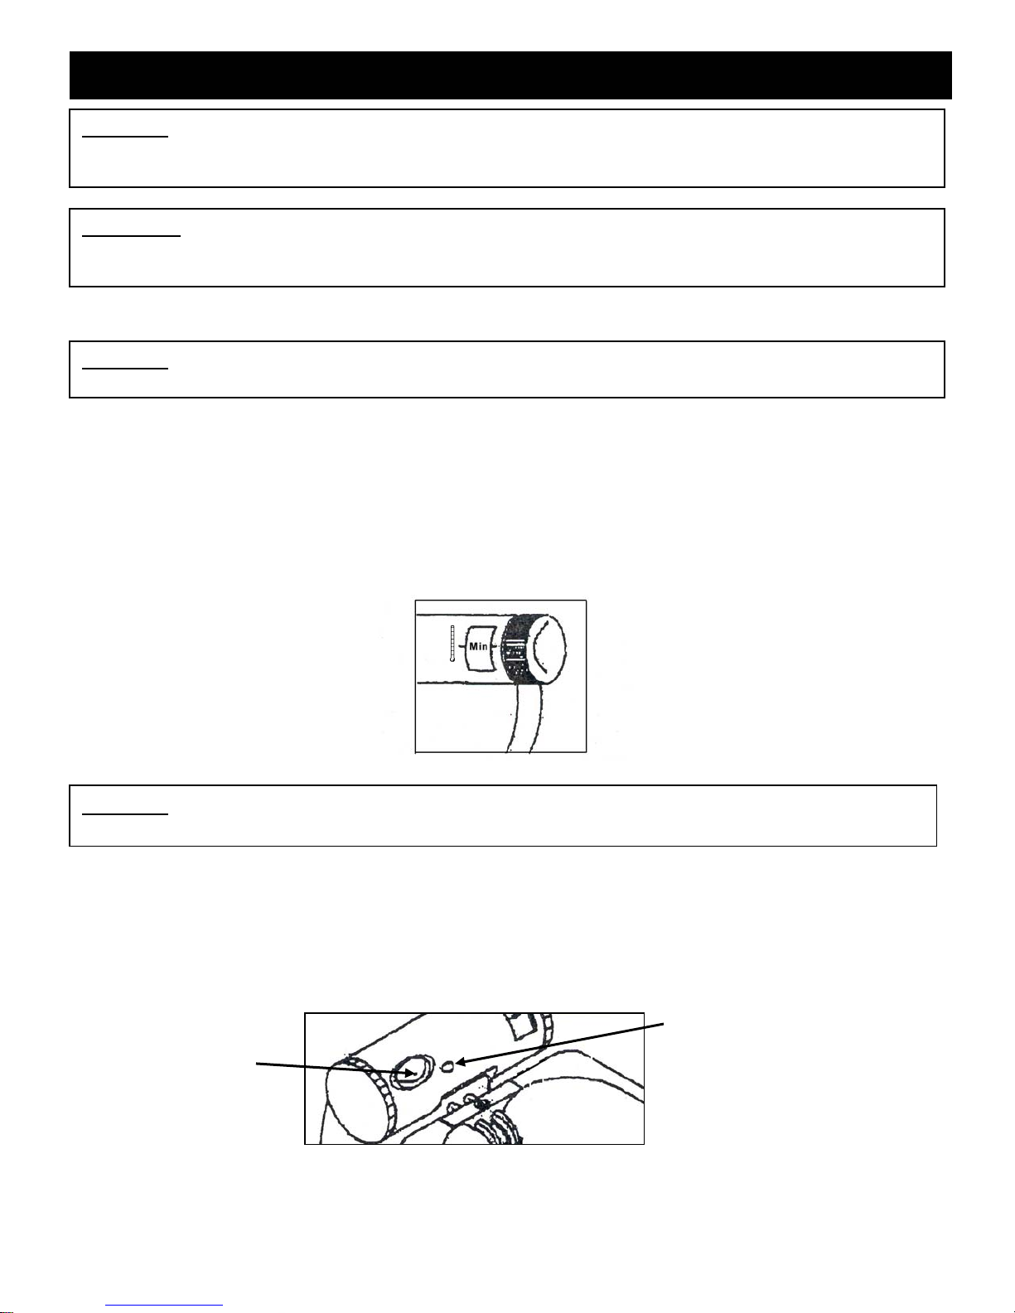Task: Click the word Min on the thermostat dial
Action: point(478,646)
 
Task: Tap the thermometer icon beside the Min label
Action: point(452,644)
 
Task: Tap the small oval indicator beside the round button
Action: point(448,1066)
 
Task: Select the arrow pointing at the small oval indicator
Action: point(560,1045)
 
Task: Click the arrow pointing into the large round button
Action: point(336,1069)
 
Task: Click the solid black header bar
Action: point(510,75)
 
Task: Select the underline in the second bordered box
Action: point(131,236)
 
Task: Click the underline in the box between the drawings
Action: point(125,814)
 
